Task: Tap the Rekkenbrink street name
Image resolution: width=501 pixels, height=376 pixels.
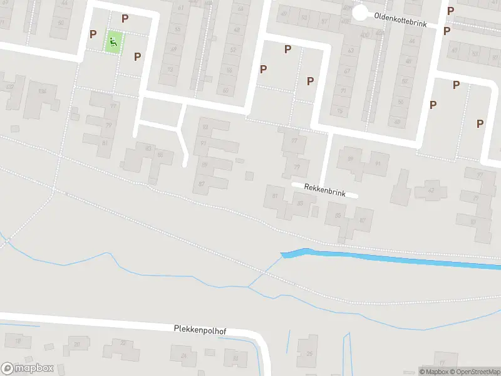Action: (325, 190)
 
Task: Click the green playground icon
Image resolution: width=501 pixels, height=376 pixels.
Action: (113, 43)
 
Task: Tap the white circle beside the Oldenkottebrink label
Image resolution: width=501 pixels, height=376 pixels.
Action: (359, 13)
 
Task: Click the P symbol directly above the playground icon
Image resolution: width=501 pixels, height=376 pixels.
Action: (125, 19)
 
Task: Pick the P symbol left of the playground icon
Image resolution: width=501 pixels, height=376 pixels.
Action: (93, 34)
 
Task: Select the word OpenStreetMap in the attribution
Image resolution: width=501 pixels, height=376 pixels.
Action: (473, 372)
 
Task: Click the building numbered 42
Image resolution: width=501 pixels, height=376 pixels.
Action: (430, 190)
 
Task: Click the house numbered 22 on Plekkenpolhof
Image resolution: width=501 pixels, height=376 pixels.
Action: (123, 343)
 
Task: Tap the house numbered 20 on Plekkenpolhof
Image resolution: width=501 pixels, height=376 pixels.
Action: (76, 344)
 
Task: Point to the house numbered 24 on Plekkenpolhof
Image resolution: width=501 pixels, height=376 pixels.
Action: (183, 355)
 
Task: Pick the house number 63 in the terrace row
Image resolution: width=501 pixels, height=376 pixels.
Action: (351, 51)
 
